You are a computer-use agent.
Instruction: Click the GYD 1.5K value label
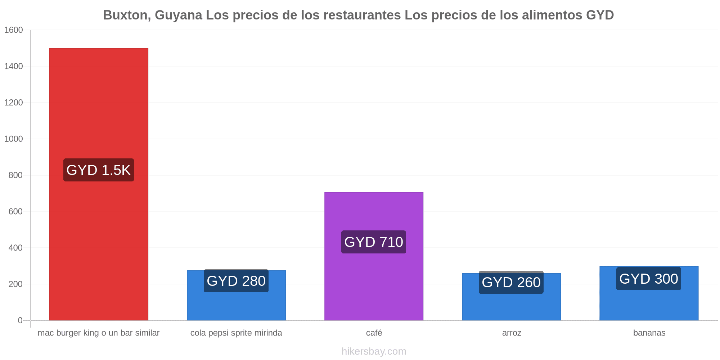pos(99,170)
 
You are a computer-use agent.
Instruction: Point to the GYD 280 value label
pos(236,281)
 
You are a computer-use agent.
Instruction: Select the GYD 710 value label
pos(374,242)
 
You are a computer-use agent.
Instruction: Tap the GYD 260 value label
pos(511,282)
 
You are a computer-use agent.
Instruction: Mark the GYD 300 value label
pos(649,279)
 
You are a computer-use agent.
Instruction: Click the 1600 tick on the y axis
pos(13,30)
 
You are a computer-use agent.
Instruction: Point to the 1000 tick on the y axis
pos(13,139)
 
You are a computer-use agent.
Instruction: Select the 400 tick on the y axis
pos(15,248)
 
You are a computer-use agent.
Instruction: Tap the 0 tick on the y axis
pos(20,320)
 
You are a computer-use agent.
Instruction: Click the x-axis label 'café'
pos(374,333)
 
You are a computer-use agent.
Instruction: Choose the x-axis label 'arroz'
pos(512,333)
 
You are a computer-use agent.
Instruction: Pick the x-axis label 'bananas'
pos(649,333)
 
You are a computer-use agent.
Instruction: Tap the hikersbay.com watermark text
pos(374,351)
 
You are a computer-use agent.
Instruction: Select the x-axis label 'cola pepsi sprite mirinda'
pos(236,333)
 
